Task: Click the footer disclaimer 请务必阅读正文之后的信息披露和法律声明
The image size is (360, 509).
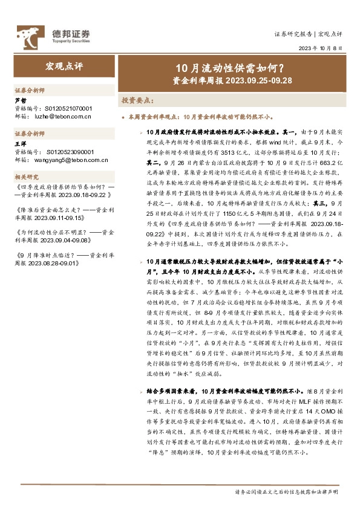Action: click(x=286, y=491)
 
